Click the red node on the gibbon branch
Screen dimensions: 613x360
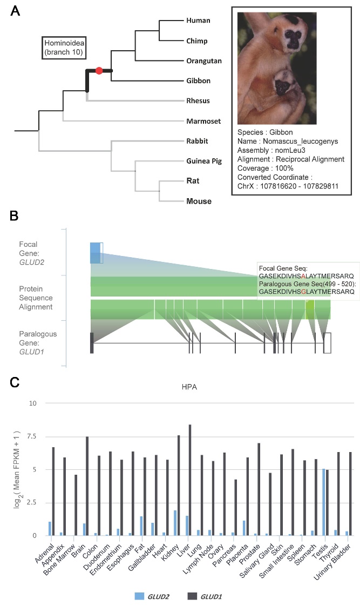(99, 71)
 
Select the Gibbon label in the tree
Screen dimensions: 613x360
(198, 81)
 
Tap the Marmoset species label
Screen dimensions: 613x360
(201, 121)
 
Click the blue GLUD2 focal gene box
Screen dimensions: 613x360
(95, 253)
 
